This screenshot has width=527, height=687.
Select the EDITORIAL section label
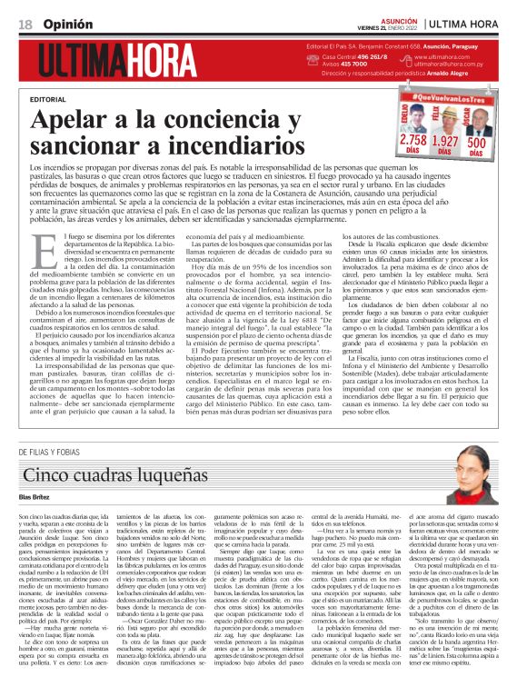48,97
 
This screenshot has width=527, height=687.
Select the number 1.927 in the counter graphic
444,142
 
